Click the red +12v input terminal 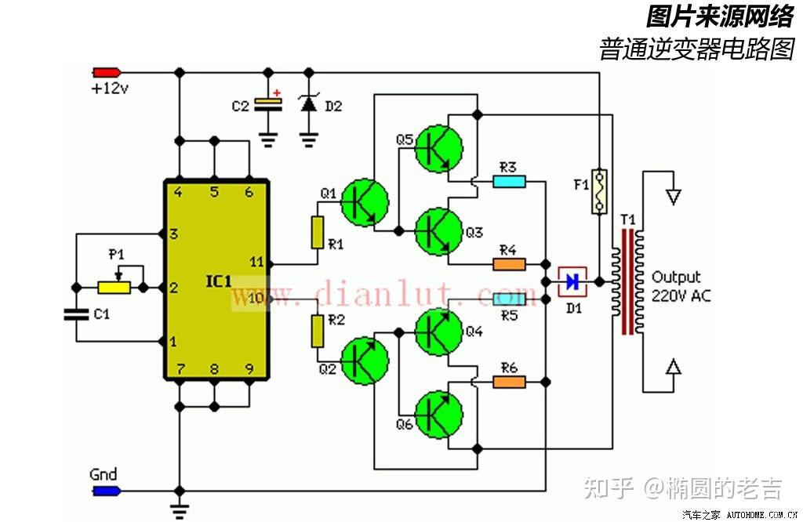click(x=105, y=72)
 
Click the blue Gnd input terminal click(x=105, y=491)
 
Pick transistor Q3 click(x=438, y=230)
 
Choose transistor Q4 click(x=438, y=332)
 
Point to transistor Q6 click(x=438, y=414)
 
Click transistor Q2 click(x=365, y=360)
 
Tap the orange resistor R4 click(x=509, y=264)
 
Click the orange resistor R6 click(x=509, y=382)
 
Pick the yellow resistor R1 click(x=317, y=232)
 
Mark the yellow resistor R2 click(x=317, y=331)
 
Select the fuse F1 click(x=600, y=192)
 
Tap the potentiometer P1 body click(x=114, y=288)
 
